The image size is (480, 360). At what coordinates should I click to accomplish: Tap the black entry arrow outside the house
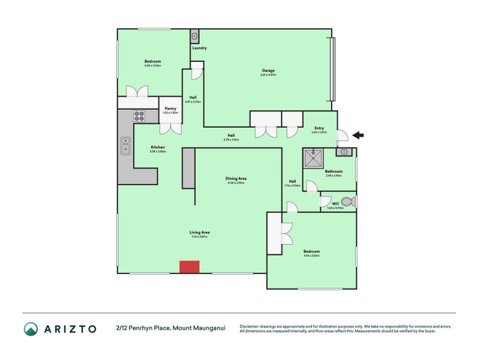(358, 136)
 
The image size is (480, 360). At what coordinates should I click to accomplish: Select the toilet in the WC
(347, 202)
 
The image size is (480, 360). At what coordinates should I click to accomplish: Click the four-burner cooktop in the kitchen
(139, 116)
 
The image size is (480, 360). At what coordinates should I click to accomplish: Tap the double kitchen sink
(125, 146)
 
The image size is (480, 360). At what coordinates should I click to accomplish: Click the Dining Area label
(236, 179)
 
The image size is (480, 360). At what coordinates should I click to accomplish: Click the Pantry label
(170, 109)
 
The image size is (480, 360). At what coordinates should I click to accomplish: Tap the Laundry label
(200, 48)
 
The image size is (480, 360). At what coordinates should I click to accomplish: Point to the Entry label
(319, 128)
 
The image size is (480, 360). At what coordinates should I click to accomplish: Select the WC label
(335, 205)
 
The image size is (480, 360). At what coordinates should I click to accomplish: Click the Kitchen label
(158, 148)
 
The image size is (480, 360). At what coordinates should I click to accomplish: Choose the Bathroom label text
(334, 172)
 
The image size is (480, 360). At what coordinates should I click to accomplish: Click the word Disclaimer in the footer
(251, 326)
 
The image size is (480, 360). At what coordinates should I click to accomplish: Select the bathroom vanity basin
(344, 152)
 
